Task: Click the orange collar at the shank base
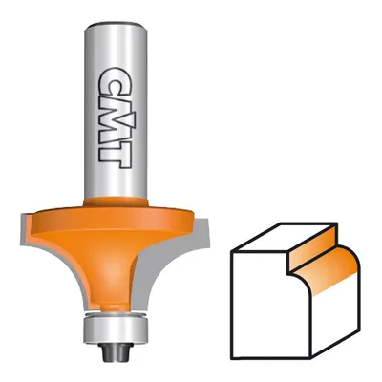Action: click(x=116, y=202)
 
